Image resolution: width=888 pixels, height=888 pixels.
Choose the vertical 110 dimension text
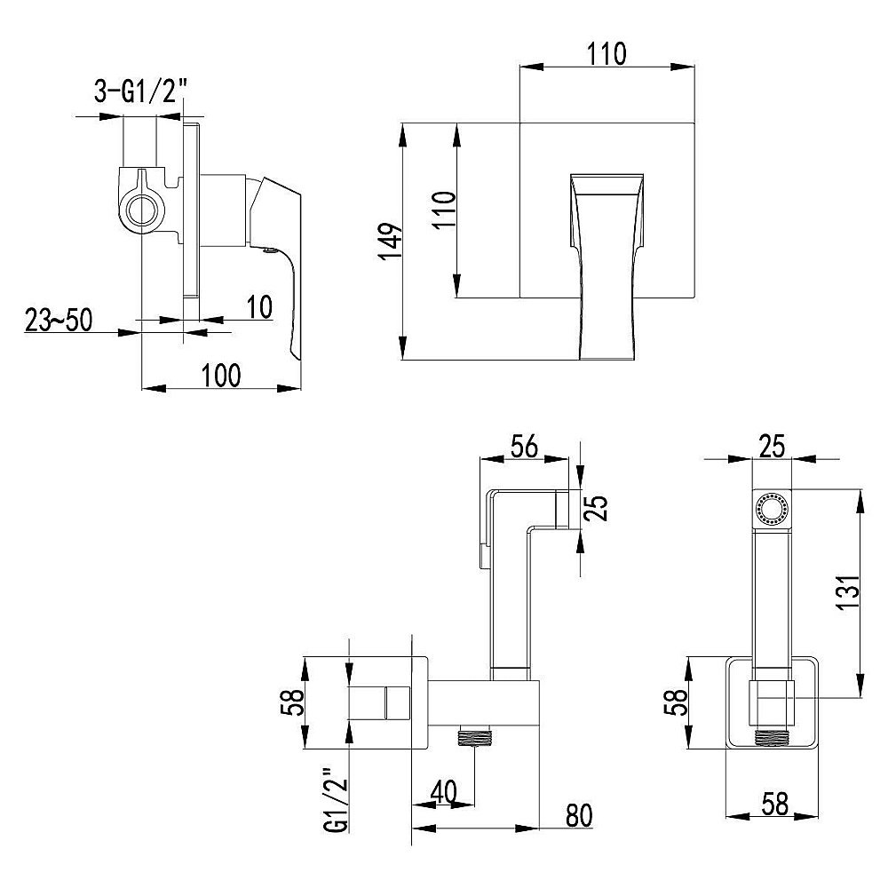444,210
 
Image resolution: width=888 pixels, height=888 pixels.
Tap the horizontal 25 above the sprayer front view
772,447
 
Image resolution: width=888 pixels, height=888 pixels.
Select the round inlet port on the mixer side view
139,210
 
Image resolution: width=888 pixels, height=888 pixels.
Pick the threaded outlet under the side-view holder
474,736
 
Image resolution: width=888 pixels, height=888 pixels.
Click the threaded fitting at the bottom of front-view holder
771,736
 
